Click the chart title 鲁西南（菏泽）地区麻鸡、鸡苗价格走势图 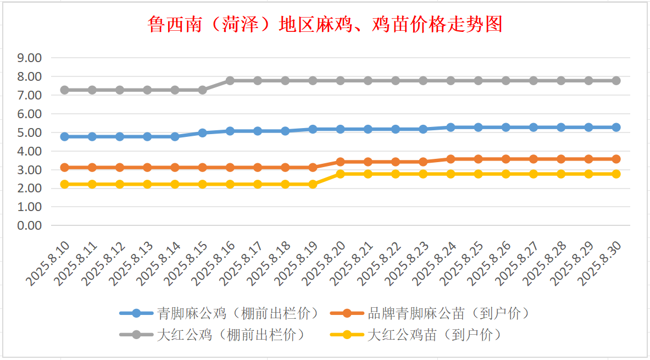tap(325, 24)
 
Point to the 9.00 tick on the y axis tap(30, 58)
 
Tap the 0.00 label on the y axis tap(30, 225)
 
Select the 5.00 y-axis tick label tap(30, 132)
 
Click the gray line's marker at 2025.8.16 tap(230, 81)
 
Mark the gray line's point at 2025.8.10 tap(65, 90)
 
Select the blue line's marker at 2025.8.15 tap(202, 133)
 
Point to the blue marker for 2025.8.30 tap(616, 127)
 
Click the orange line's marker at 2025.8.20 tap(340, 162)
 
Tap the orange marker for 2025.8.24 tap(451, 159)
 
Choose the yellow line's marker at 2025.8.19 tap(313, 184)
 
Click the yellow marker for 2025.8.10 tap(65, 184)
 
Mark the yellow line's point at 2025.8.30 tap(616, 174)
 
